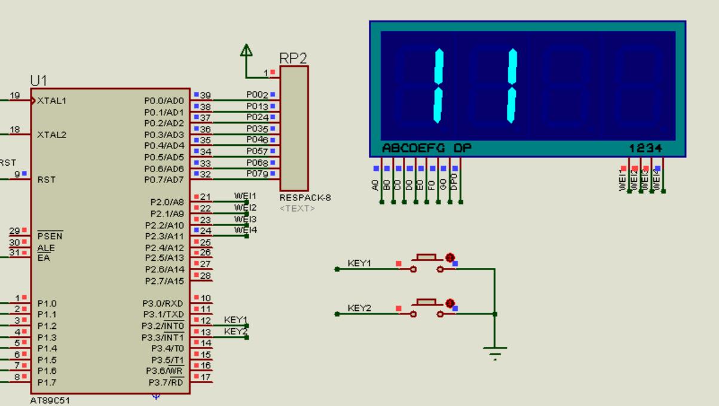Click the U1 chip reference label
(x=39, y=80)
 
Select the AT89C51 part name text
(x=50, y=401)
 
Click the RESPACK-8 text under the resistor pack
(x=297, y=197)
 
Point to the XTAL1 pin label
(x=51, y=100)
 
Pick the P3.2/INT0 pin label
(x=163, y=326)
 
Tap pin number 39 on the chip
(x=206, y=96)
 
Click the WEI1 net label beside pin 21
(x=245, y=196)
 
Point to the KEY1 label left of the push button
(x=359, y=263)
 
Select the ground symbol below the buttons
(x=495, y=352)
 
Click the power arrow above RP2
(x=246, y=51)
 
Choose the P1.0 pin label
(x=47, y=303)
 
